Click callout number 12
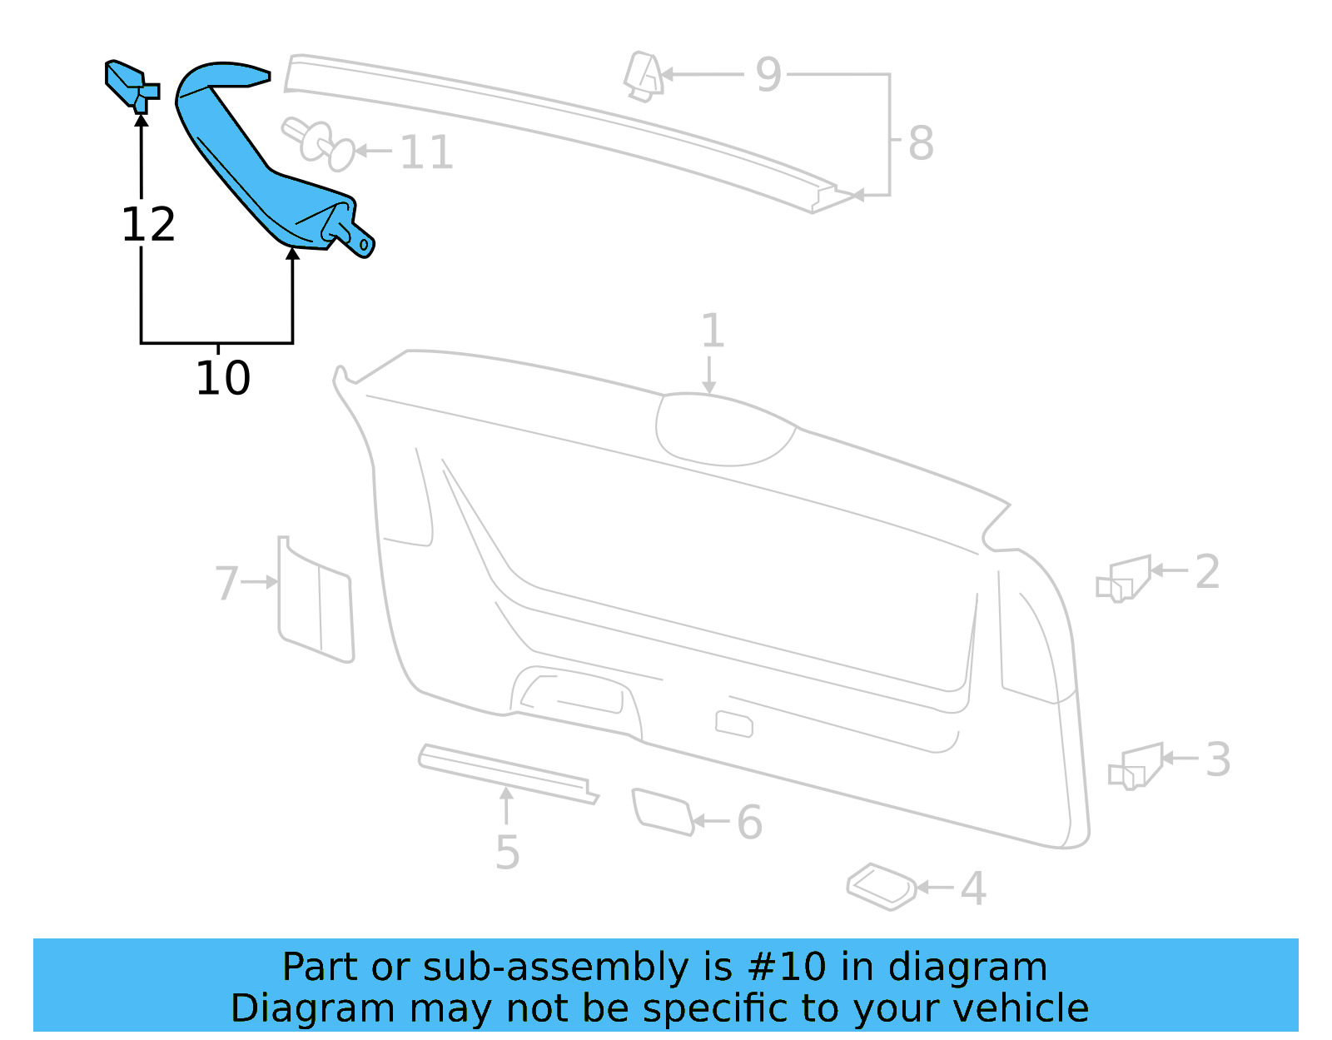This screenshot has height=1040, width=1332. (x=148, y=225)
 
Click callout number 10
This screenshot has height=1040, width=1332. (x=222, y=378)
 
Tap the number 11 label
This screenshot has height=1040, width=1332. (x=426, y=152)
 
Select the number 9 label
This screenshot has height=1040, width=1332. (x=768, y=75)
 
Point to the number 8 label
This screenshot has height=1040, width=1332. (x=920, y=143)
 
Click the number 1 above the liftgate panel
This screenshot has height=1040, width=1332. (x=712, y=331)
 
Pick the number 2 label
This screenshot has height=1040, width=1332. (x=1207, y=572)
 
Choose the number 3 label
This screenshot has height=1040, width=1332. (x=1218, y=759)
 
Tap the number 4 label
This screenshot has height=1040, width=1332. (x=972, y=888)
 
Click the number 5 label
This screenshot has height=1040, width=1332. (x=507, y=853)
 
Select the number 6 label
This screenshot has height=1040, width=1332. (x=749, y=823)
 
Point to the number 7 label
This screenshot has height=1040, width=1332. (x=226, y=583)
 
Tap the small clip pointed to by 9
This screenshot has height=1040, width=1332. (x=644, y=77)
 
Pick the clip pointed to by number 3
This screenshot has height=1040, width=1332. (x=1137, y=767)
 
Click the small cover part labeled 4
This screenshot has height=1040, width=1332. (x=881, y=886)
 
